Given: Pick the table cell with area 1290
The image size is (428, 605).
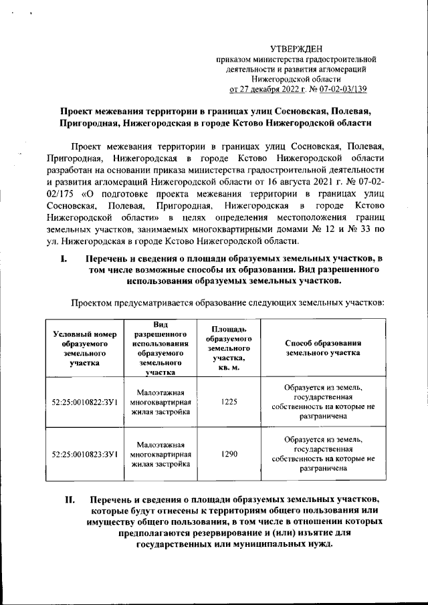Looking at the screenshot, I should pos(227,454).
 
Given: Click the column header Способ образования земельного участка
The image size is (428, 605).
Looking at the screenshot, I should pos(323,347).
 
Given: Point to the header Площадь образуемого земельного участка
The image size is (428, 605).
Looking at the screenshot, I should pos(227,348).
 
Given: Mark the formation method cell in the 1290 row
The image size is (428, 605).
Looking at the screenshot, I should pos(323,454).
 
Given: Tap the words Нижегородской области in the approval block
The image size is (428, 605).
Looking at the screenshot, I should pos(297,78).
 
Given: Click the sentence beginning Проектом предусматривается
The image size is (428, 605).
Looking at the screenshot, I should pos(227,304).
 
